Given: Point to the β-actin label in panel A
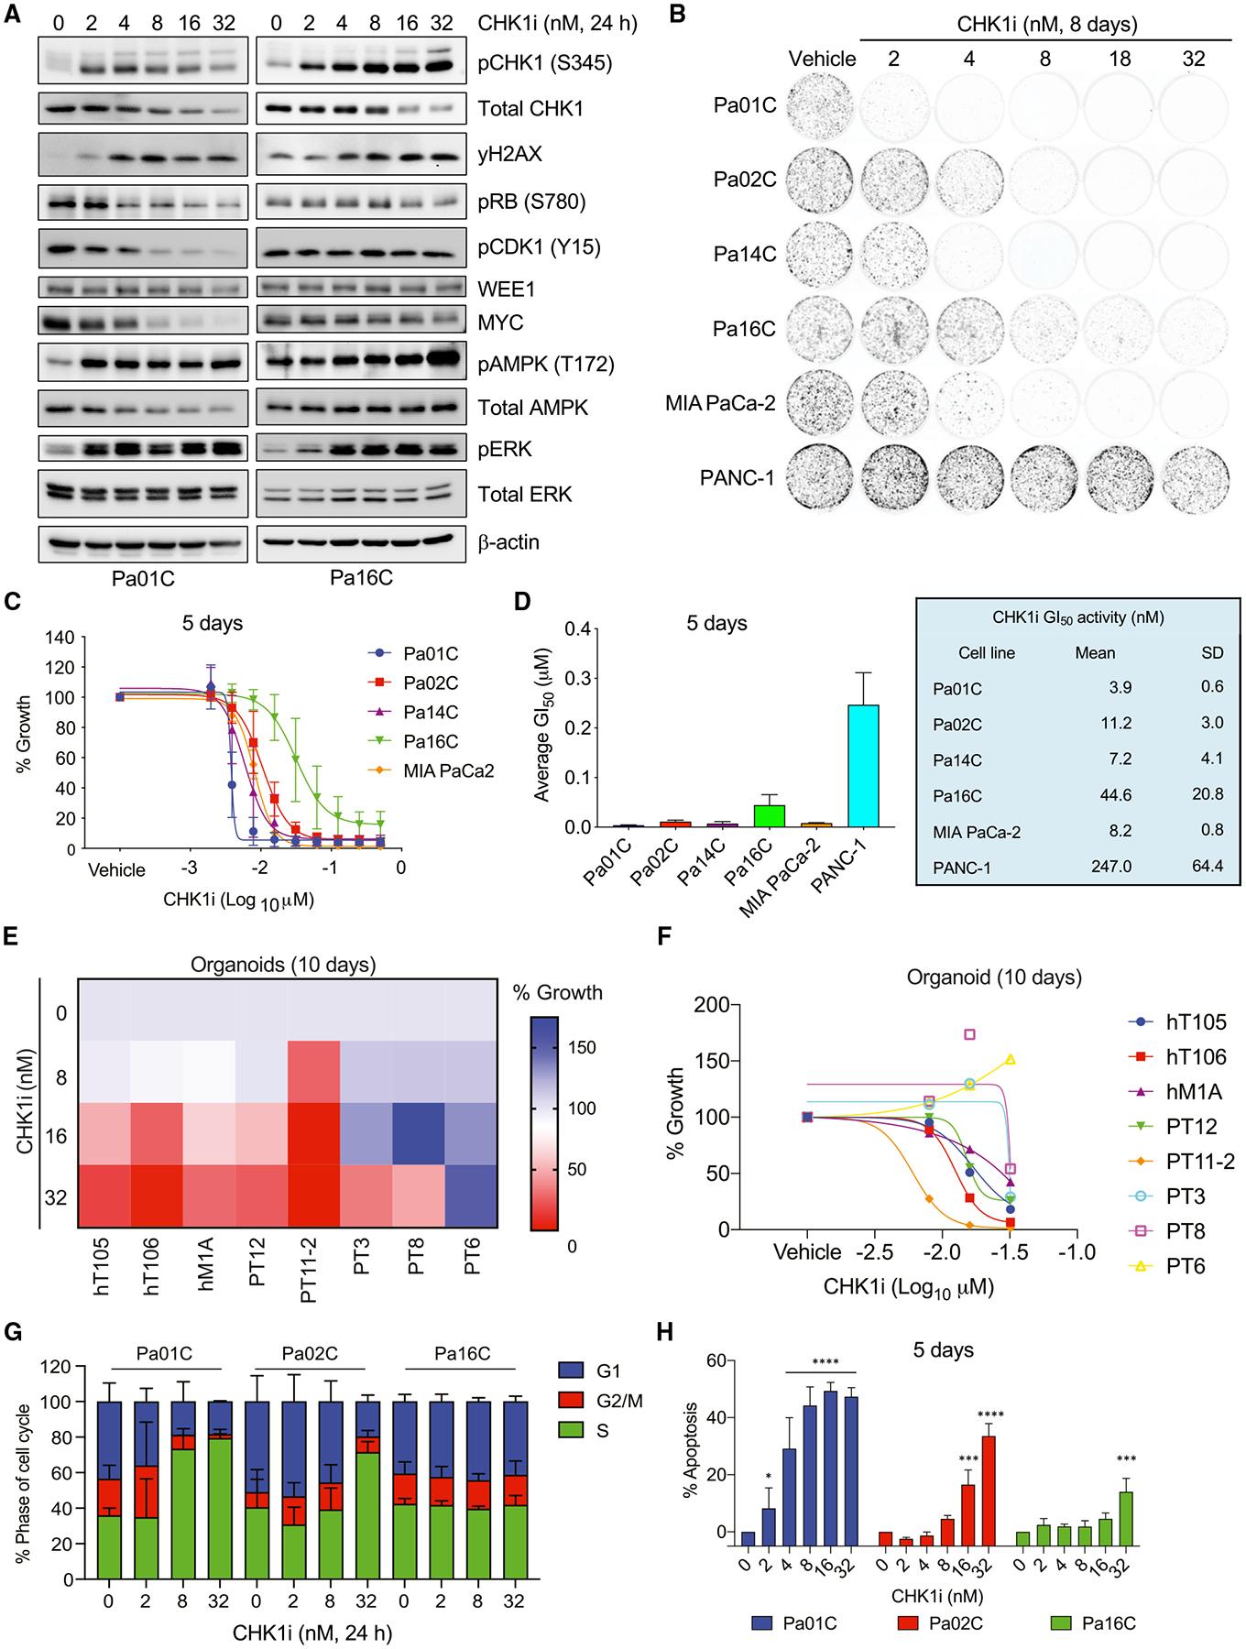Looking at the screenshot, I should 509,541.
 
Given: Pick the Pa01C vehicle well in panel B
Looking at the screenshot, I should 822,105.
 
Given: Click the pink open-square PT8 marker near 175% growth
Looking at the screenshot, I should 968,1034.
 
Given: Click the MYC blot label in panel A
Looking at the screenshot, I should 500,323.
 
